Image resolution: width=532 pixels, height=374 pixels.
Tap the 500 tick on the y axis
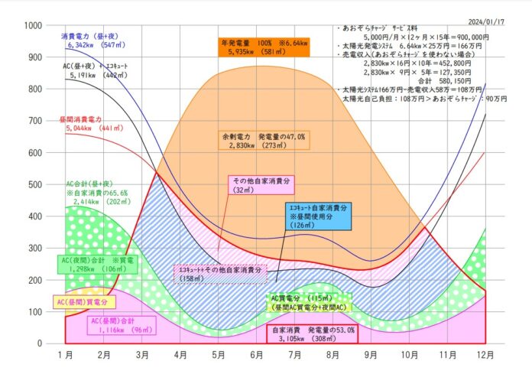[x=33, y=184]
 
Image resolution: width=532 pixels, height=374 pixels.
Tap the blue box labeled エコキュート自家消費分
[x=317, y=216]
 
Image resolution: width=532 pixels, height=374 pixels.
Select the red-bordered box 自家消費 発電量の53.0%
[x=313, y=335]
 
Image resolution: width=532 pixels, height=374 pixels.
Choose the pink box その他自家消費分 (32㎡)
[x=262, y=185]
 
